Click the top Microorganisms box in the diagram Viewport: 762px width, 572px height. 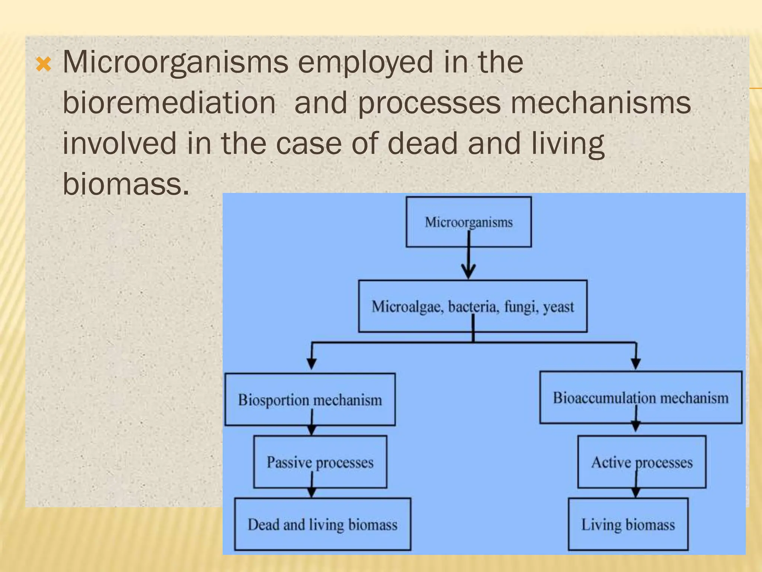[x=468, y=222]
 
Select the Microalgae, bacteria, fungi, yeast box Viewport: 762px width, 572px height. [x=473, y=306]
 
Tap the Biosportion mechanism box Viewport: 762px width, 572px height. [x=310, y=400]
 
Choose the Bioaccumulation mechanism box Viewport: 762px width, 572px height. [x=640, y=398]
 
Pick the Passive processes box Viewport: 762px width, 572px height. [x=320, y=462]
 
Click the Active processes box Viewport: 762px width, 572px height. [x=641, y=462]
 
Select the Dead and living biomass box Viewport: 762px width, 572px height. [x=323, y=524]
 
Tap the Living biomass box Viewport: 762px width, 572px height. [x=628, y=524]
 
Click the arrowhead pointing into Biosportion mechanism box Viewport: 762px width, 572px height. [x=312, y=363]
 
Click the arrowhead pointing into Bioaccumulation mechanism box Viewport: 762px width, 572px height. [x=636, y=363]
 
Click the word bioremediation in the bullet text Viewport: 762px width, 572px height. [x=169, y=103]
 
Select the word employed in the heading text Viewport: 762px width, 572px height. [x=365, y=62]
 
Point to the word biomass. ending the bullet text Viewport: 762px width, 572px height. [x=126, y=184]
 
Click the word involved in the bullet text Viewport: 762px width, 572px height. [x=119, y=143]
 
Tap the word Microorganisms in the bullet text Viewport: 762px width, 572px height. [x=175, y=62]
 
